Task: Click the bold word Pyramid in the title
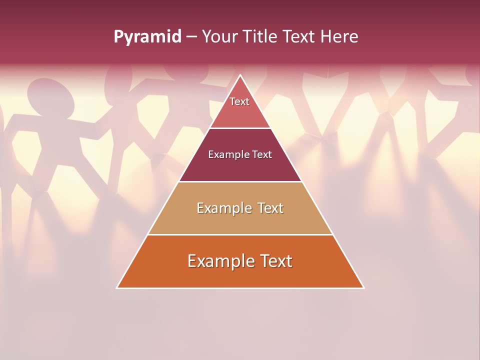147,37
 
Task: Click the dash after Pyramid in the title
191,37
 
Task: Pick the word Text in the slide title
300,37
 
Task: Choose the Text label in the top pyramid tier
239,101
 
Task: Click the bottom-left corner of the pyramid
117,287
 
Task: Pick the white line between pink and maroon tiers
240,128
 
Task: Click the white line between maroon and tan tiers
240,181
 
